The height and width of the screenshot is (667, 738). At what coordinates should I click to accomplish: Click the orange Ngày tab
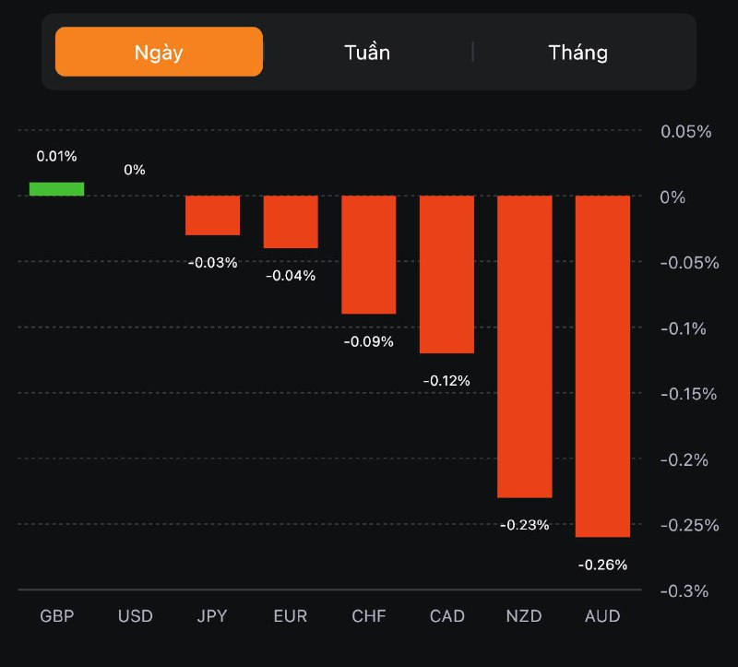(159, 52)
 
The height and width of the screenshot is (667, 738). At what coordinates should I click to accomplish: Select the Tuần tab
(367, 52)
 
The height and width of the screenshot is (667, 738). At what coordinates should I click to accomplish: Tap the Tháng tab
(578, 52)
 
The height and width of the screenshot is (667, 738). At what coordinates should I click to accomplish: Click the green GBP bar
(56, 189)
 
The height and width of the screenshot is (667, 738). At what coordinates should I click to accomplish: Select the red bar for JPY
(212, 215)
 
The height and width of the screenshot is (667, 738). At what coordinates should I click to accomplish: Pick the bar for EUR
(291, 221)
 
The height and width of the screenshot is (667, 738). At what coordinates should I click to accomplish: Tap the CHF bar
(369, 255)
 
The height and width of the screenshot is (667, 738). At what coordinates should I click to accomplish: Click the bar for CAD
(446, 274)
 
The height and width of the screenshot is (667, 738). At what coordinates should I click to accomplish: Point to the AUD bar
(602, 365)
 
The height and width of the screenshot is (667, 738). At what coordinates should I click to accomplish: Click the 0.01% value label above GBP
(56, 157)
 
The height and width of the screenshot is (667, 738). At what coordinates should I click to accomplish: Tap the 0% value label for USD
(135, 170)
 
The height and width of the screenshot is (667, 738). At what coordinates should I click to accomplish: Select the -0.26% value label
(602, 565)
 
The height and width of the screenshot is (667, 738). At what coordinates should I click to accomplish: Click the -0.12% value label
(446, 380)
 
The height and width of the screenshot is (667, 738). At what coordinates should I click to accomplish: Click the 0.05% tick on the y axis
(686, 132)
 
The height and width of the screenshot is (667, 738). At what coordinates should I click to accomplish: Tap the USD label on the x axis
(135, 616)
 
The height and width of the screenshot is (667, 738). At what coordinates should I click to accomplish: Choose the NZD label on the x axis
(525, 616)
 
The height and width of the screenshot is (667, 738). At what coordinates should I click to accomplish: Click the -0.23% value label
(525, 525)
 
